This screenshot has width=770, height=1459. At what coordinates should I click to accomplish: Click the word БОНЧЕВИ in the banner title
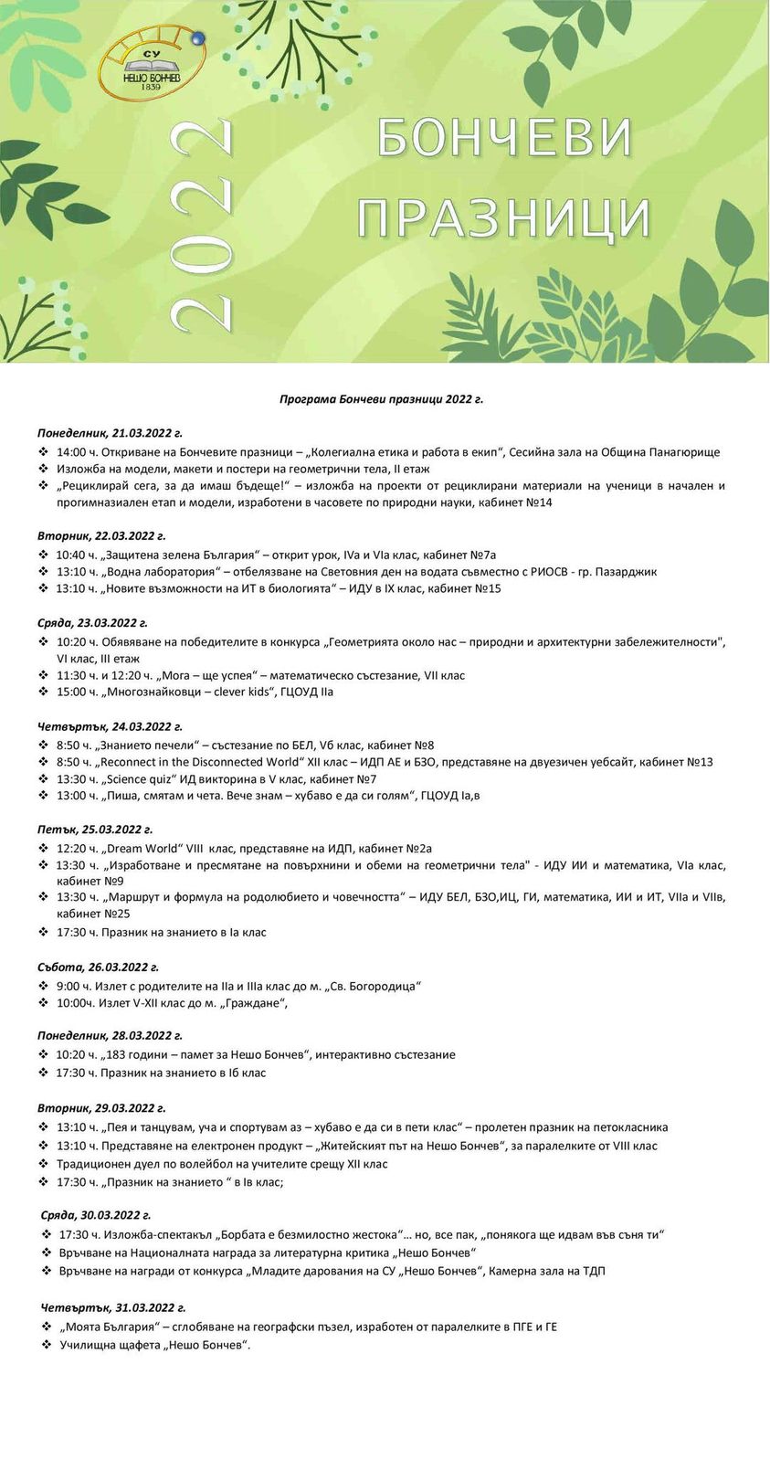504,138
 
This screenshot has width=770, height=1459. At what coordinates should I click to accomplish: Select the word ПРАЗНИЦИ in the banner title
503,219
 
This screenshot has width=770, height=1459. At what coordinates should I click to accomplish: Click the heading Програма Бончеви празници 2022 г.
381,399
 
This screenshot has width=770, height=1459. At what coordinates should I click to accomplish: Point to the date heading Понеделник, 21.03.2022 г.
110,433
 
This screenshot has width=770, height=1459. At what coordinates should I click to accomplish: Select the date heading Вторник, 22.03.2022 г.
101,536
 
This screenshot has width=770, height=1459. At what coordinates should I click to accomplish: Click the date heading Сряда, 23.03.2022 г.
92,623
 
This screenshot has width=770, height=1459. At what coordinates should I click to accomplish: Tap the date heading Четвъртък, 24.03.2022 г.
110,727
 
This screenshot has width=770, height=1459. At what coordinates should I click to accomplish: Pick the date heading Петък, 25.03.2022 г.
95,830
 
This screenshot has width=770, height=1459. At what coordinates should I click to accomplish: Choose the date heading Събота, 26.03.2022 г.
98,967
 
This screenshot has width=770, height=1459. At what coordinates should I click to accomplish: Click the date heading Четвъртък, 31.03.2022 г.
113,1308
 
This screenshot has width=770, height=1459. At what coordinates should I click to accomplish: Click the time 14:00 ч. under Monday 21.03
76,452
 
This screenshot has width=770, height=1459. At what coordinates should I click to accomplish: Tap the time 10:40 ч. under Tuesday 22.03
76,555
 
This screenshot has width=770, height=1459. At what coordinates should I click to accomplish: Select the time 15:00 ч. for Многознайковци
76,692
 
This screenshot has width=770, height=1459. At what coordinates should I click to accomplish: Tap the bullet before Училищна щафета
47,1345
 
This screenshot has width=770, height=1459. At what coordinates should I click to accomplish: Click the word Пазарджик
626,572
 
